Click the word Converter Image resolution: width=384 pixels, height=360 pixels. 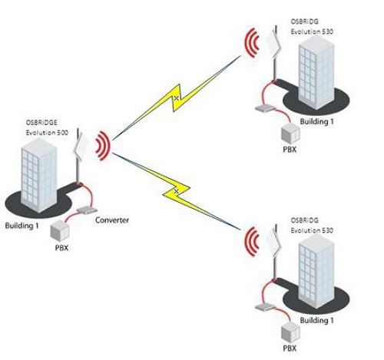pyautogui.click(x=112, y=220)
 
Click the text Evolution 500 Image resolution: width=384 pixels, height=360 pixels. pyautogui.click(x=47, y=133)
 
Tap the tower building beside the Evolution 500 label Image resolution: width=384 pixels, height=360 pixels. pyautogui.click(x=38, y=175)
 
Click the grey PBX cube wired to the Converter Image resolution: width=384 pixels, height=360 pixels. pyautogui.click(x=60, y=231)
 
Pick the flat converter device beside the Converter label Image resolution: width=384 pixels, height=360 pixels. pyautogui.click(x=88, y=210)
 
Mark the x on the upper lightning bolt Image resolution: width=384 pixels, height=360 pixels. pyautogui.click(x=176, y=97)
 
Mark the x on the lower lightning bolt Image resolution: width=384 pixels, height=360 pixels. pyautogui.click(x=176, y=191)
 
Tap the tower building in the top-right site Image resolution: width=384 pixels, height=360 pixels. pyautogui.click(x=316, y=73)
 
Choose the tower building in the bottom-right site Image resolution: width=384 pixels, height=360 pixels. pyautogui.click(x=316, y=272)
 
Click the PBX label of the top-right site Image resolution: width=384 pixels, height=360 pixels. pyautogui.click(x=290, y=150)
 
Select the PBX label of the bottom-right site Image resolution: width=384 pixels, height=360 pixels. pyautogui.click(x=290, y=348)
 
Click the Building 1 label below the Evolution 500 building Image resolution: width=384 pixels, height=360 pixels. pyautogui.click(x=22, y=226)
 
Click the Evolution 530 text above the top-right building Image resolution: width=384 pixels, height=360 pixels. pyautogui.click(x=312, y=31)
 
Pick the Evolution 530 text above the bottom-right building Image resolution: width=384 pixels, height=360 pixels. pyautogui.click(x=312, y=230)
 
